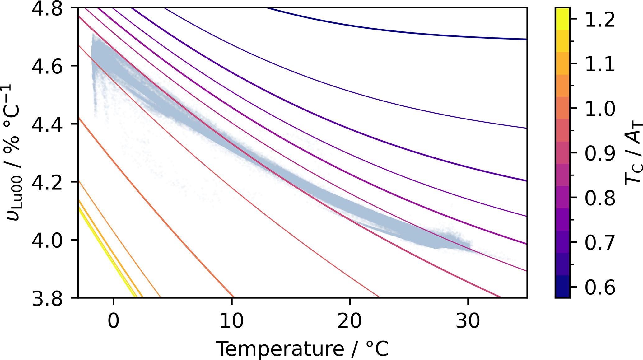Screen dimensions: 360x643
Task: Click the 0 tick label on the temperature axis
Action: pos(114,321)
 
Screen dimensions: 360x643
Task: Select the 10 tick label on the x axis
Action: pos(231,321)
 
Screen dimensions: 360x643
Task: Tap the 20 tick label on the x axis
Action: pos(350,321)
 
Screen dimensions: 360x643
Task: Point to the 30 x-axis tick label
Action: pos(468,321)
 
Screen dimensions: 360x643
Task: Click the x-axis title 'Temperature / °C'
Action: pos(302,348)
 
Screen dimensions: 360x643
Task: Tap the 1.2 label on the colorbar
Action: pos(600,19)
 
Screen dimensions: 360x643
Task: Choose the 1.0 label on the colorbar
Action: pos(600,109)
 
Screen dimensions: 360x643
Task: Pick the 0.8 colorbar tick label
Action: pos(600,198)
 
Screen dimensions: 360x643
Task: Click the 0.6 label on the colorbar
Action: pos(600,287)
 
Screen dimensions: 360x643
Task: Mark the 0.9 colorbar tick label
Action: pos(600,153)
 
